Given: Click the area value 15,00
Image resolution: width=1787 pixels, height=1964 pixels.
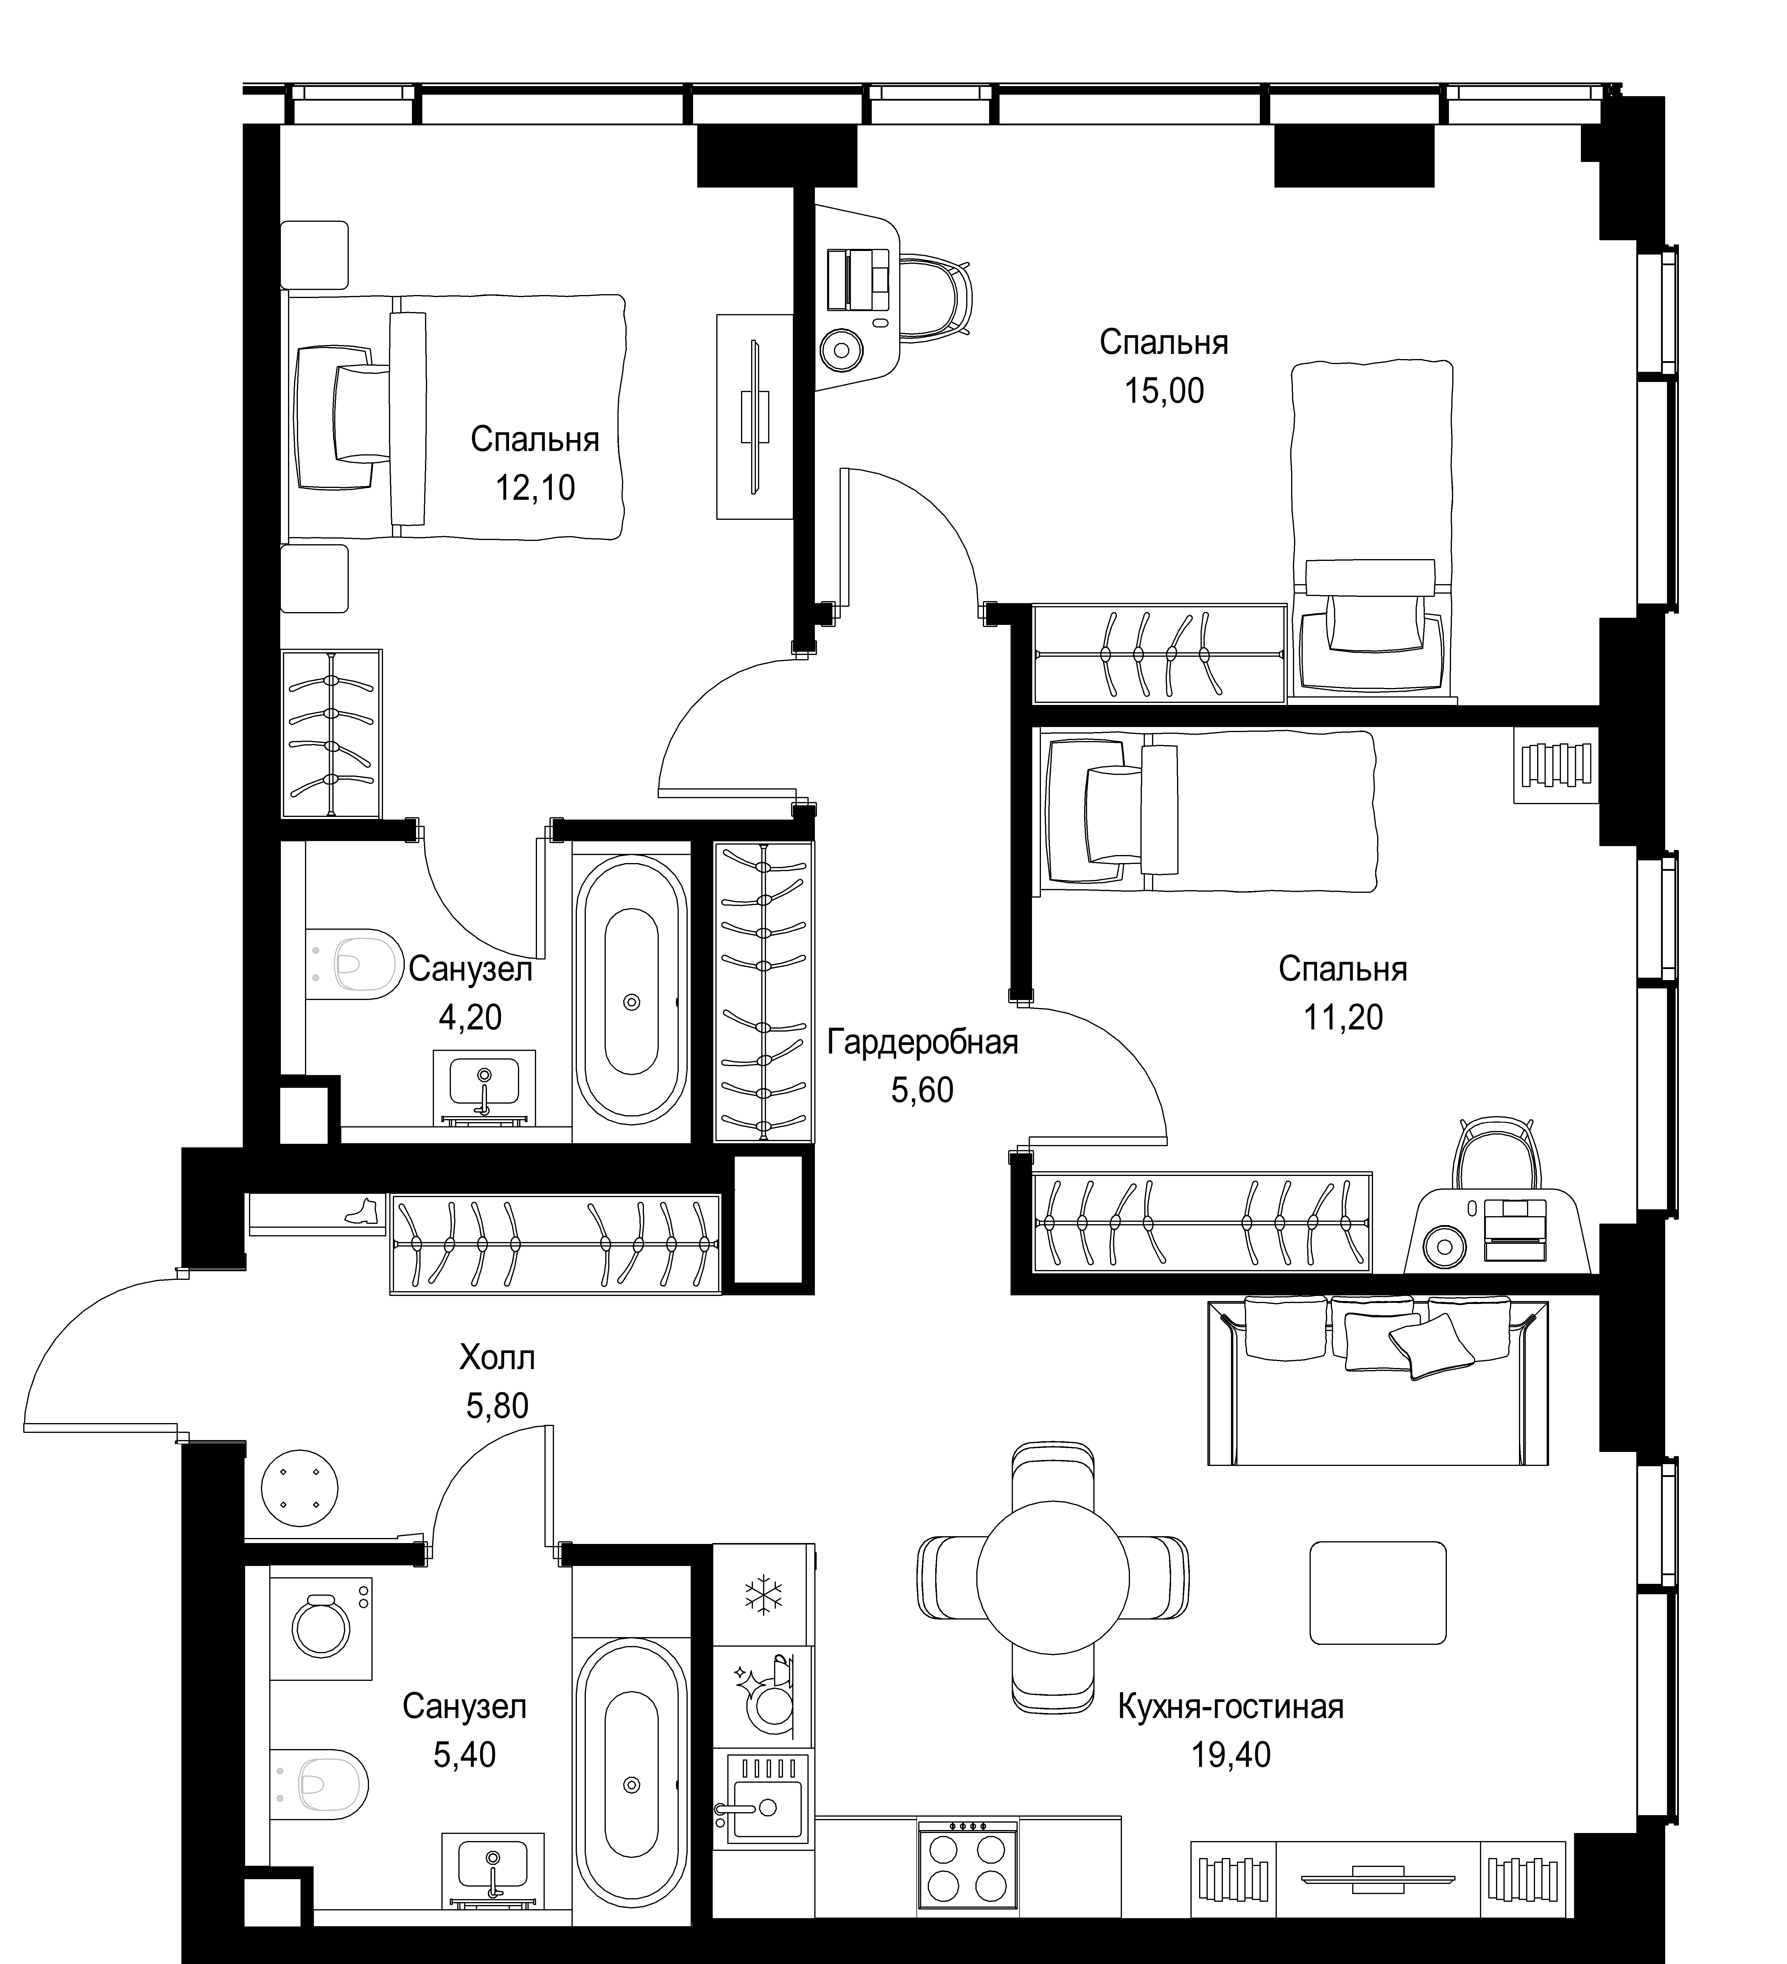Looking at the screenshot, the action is [x=1164, y=391].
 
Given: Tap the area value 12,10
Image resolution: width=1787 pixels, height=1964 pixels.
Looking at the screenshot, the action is [x=535, y=487].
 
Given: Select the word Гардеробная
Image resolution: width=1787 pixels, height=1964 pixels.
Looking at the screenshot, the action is [x=922, y=1042].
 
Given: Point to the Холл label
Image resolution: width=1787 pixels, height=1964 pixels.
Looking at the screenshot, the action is [x=497, y=1357].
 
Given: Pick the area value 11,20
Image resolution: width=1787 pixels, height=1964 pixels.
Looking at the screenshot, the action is [x=1343, y=1017].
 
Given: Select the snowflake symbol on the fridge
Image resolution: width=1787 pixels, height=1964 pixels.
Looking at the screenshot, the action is [x=763, y=1594].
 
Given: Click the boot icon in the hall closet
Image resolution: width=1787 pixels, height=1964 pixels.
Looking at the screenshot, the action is [x=360, y=1212].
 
